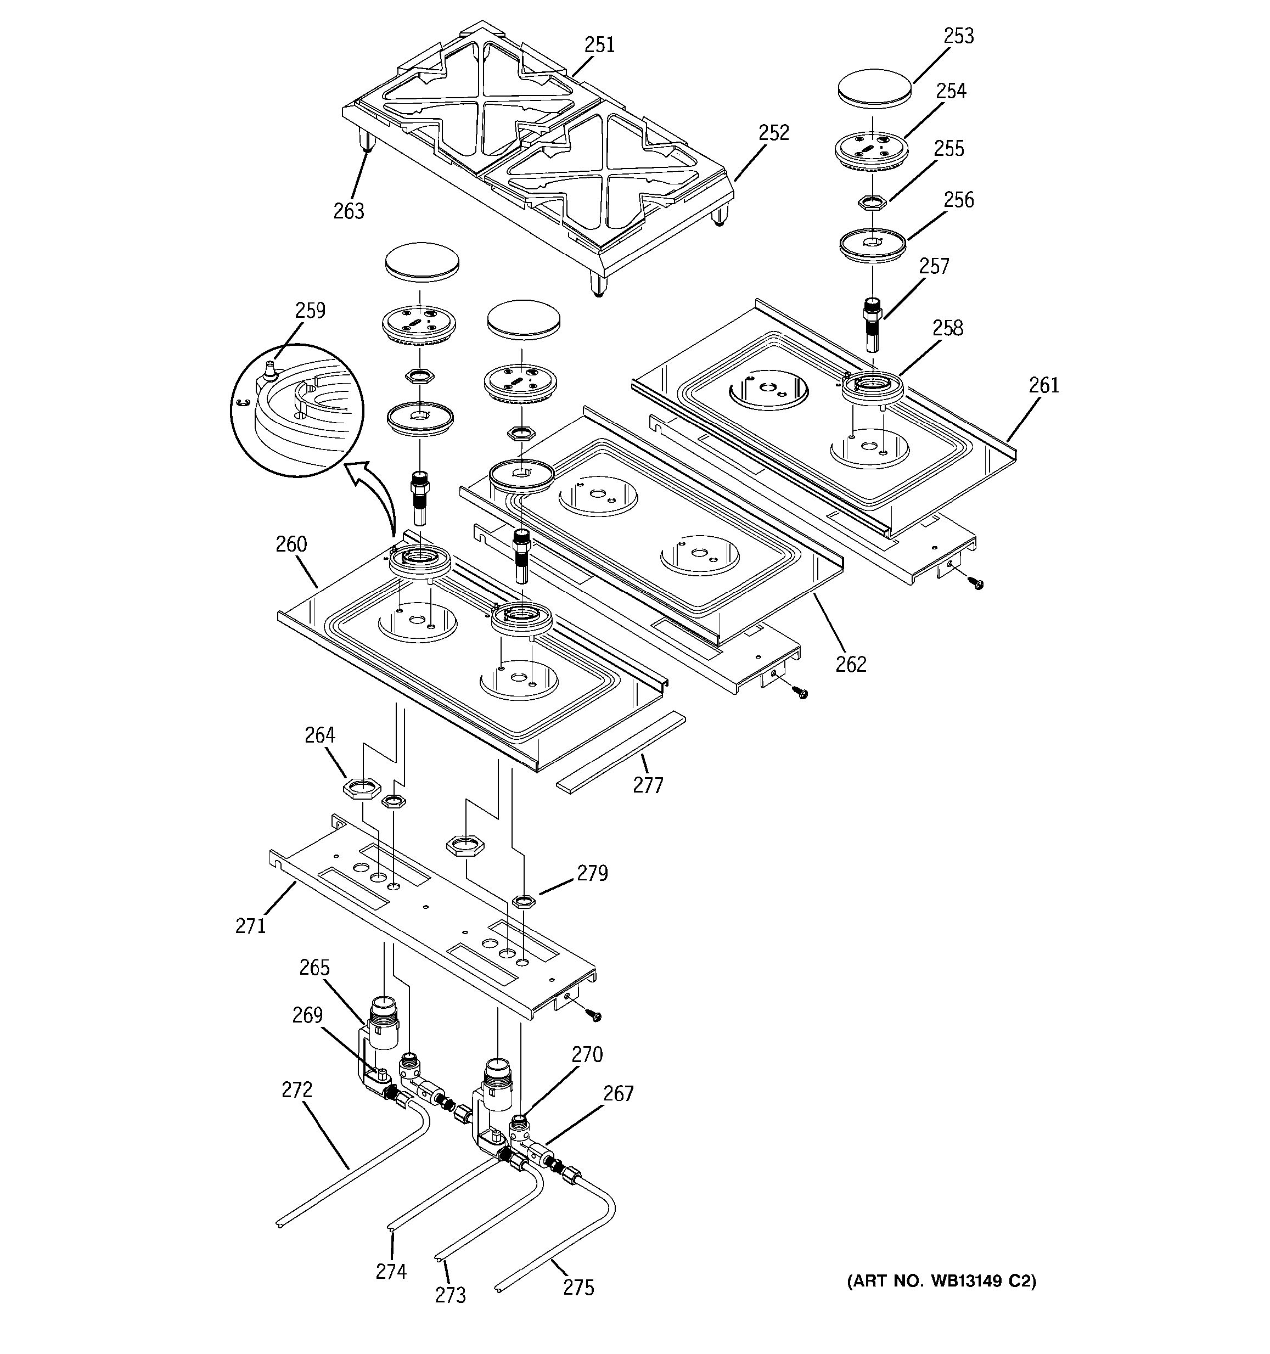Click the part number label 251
point(599,45)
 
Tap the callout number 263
point(349,211)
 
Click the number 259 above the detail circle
point(310,311)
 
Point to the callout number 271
point(251,925)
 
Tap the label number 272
point(297,1090)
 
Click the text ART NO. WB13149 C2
point(942,1281)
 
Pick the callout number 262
point(851,664)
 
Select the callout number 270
point(587,1054)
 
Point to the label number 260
point(291,544)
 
